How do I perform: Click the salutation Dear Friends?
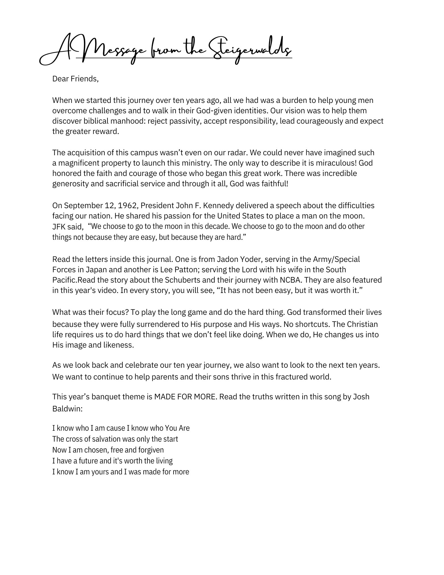(x=75, y=79)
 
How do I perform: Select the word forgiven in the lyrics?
(x=149, y=450)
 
